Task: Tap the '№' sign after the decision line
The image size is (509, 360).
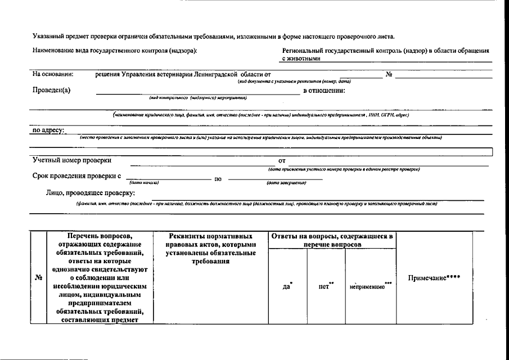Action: [x=389, y=74]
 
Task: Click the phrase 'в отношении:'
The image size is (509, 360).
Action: [x=324, y=91]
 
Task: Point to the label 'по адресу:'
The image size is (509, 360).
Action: [x=48, y=130]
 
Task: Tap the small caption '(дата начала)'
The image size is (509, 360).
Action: [x=145, y=182]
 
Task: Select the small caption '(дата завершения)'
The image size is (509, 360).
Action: [x=286, y=182]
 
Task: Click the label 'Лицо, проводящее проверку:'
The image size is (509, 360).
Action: [x=91, y=193]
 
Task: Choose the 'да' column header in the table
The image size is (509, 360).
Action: [x=287, y=286]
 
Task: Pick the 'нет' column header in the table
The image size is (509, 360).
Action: [x=324, y=286]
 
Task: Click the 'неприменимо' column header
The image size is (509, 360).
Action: [x=368, y=286]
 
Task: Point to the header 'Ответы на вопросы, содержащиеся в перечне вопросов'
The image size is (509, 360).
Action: [x=332, y=241]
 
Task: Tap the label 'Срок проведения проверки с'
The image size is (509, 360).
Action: [x=77, y=176]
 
